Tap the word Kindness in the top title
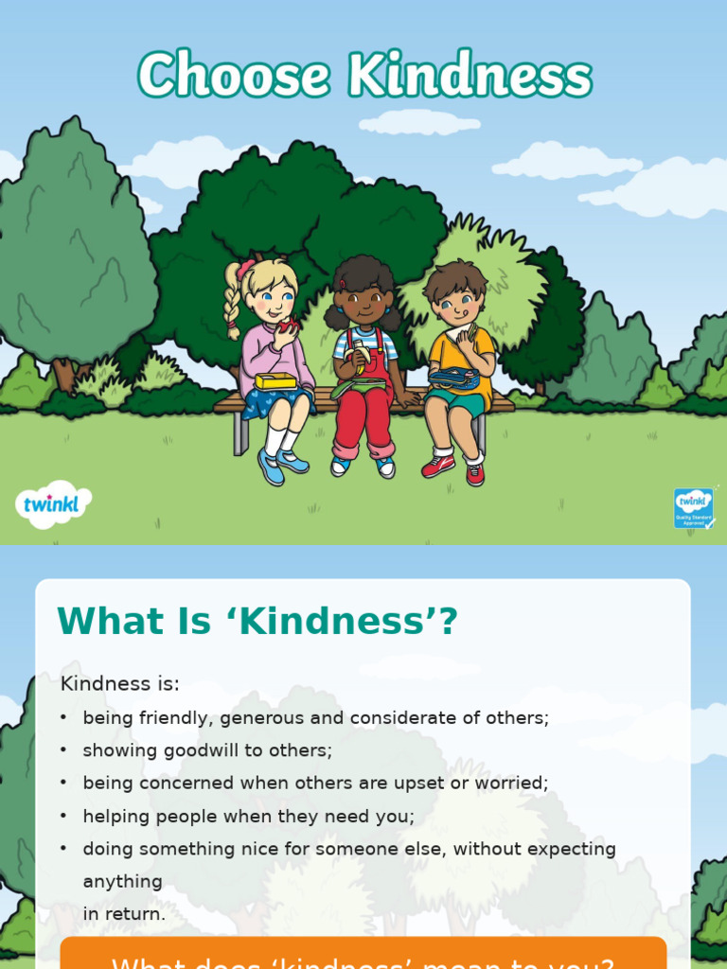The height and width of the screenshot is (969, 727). click(x=470, y=76)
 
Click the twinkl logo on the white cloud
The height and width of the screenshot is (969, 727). click(x=53, y=503)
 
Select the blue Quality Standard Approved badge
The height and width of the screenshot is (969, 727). click(x=693, y=508)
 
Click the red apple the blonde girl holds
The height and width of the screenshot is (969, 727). click(x=288, y=327)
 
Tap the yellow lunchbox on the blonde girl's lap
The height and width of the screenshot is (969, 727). click(x=275, y=380)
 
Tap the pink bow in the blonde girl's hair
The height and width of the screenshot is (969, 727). click(x=246, y=268)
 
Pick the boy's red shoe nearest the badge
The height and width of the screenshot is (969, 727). click(x=474, y=472)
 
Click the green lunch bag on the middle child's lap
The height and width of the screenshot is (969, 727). click(x=358, y=386)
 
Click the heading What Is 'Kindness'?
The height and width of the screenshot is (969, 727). click(x=257, y=622)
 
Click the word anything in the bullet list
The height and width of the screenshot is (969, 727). click(x=123, y=882)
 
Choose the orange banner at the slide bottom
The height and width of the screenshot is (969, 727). click(x=363, y=954)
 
